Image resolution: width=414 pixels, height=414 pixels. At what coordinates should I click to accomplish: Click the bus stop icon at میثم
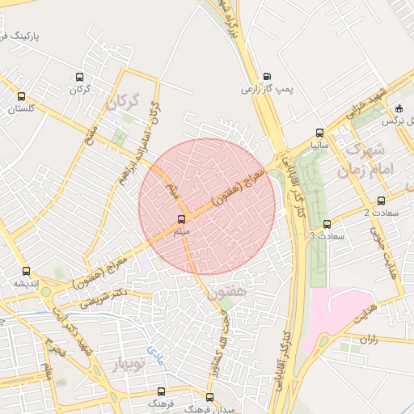tap(180, 218)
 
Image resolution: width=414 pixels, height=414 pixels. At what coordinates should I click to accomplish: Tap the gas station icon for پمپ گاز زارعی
tap(267, 76)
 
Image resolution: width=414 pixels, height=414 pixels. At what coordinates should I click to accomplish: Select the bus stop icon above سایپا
tap(320, 133)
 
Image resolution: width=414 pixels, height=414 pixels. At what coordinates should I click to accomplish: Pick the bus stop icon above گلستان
tap(23, 95)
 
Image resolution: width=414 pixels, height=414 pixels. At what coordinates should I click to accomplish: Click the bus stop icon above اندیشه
tap(27, 271)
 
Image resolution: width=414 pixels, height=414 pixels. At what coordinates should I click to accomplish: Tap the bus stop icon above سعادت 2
tap(381, 201)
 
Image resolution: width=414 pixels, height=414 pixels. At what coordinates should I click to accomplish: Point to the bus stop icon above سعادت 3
tap(327, 224)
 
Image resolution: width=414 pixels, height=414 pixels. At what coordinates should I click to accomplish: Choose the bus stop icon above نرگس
tap(399, 108)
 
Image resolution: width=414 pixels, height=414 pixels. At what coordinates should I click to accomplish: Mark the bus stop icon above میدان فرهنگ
tap(209, 397)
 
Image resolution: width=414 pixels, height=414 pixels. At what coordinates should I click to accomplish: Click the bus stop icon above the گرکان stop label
tap(79, 77)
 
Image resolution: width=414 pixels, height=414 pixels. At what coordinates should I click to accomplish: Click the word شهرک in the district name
tap(364, 150)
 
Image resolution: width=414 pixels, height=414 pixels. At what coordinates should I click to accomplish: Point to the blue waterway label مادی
tap(154, 353)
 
